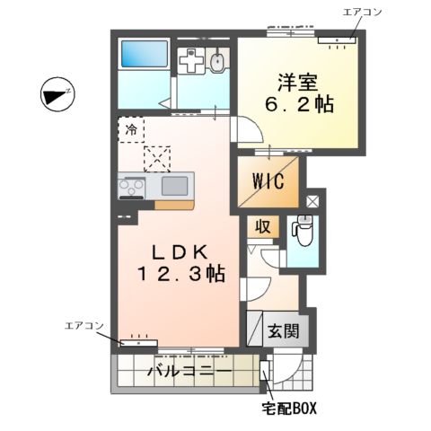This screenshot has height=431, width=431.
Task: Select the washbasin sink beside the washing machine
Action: coord(218,63)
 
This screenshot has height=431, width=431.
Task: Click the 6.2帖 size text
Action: coord(299,104)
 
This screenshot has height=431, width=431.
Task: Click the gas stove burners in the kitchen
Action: coord(132,187)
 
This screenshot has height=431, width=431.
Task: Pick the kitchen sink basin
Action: coord(174,187)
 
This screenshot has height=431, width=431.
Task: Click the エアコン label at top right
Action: coord(361,12)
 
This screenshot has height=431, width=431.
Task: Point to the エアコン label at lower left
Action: coord(86,325)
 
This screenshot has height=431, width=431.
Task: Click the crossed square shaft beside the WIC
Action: coord(312,202)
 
